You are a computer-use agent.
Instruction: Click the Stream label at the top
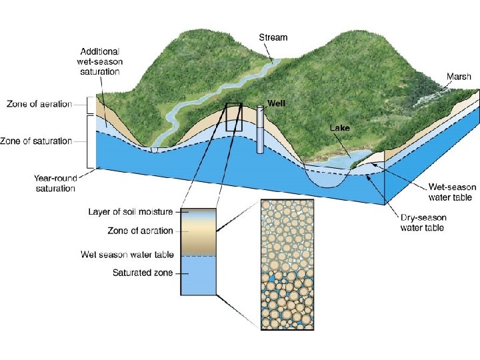(x=273, y=37)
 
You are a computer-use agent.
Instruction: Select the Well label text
(x=277, y=103)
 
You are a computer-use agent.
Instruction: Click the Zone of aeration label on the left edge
(x=39, y=105)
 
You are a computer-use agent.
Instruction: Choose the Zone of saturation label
(x=39, y=141)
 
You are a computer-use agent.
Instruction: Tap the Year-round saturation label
(x=56, y=183)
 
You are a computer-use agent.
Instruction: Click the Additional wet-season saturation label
(x=100, y=61)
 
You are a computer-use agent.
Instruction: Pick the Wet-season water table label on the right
(x=450, y=193)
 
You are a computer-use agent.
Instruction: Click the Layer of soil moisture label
(x=131, y=212)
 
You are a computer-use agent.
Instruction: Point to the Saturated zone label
(x=143, y=273)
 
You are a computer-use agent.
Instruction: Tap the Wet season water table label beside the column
(x=127, y=255)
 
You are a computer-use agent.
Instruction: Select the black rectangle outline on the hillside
(x=234, y=117)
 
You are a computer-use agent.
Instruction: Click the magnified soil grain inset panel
(x=287, y=264)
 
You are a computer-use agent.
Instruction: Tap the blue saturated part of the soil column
(x=198, y=275)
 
